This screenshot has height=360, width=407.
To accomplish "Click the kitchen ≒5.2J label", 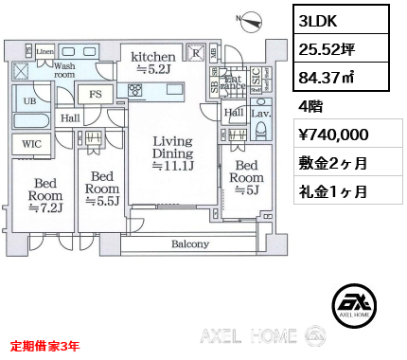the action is pyautogui.click(x=153, y=62).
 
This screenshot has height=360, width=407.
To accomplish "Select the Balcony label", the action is pyautogui.click(x=190, y=244).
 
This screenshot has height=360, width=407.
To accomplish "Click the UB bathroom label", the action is pyautogui.click(x=29, y=100).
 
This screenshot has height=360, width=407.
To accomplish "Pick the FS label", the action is pyautogui.click(x=96, y=94).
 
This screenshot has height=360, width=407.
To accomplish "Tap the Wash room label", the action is pyautogui.click(x=64, y=72).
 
